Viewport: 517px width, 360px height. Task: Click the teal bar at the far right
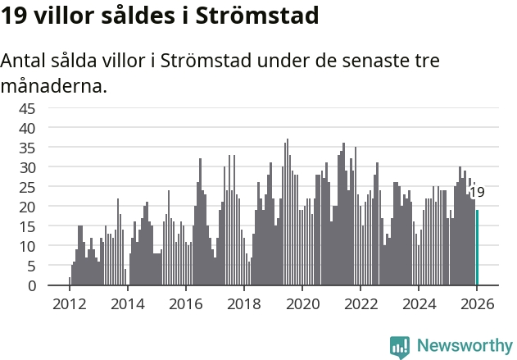pos(477,248)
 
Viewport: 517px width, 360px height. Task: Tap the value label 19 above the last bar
pos(476,193)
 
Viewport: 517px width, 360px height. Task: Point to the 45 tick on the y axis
pos(49,108)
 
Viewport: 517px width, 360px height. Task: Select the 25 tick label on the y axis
pos(49,187)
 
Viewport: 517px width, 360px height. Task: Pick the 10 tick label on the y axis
pos(49,246)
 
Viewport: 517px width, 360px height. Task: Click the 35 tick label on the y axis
pos(49,148)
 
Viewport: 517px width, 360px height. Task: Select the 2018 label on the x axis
pos(243,304)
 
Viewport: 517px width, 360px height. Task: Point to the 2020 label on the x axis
pos(302,304)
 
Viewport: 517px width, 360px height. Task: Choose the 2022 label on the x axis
pos(361,304)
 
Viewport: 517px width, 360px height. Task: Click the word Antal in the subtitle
pos(24,62)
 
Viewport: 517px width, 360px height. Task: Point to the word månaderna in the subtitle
pos(53,85)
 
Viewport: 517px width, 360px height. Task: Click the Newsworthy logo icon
pos(400,346)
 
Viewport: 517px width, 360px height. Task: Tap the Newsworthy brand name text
pos(464,346)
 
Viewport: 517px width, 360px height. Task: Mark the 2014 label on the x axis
pos(127,304)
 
